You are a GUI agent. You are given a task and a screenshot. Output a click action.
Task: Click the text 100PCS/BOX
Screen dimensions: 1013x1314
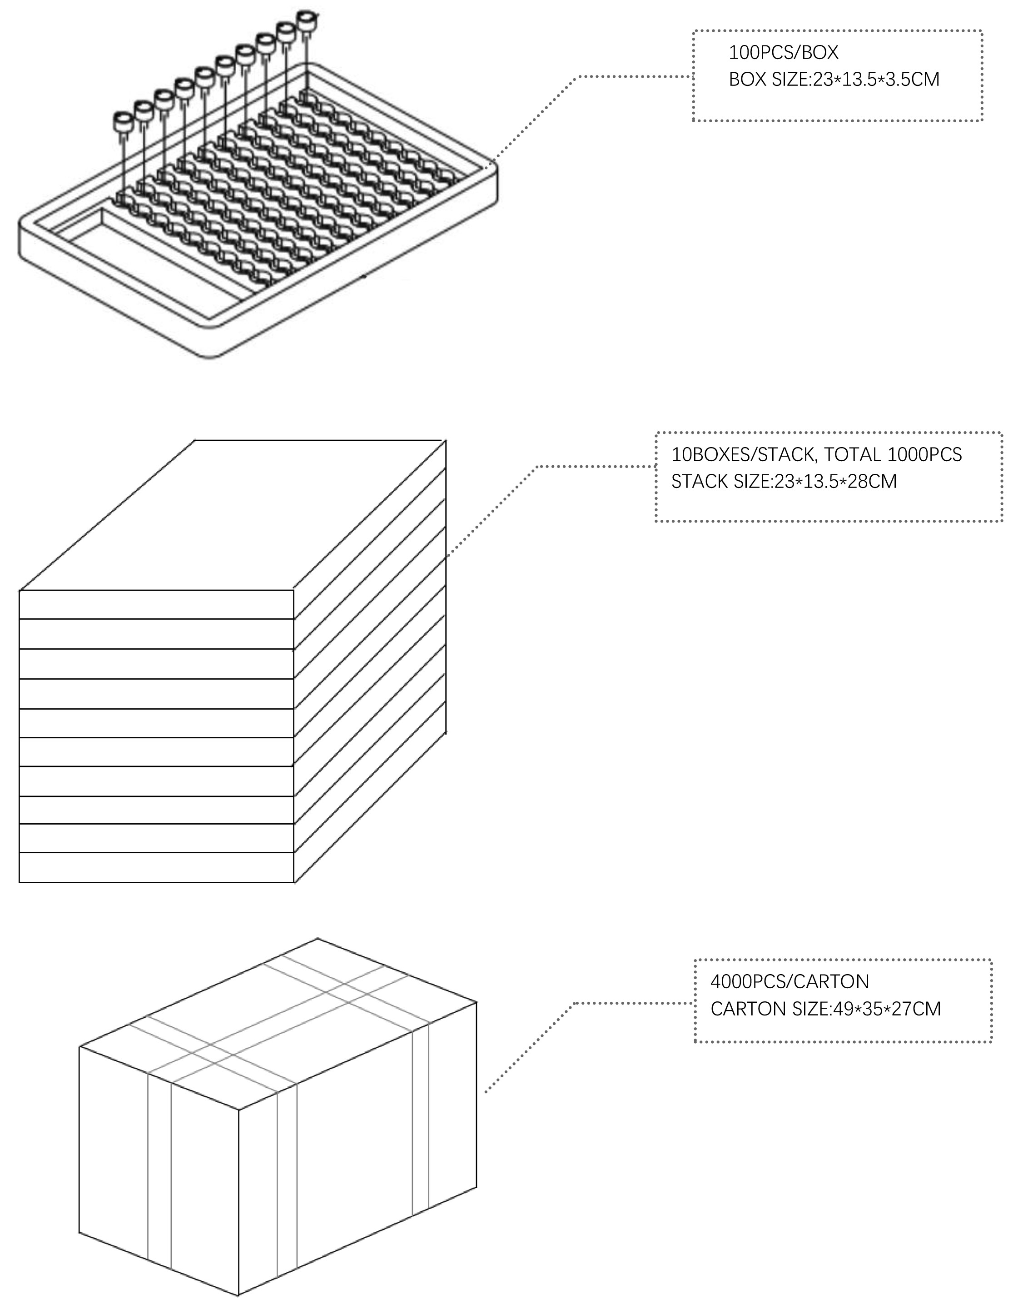click(783, 53)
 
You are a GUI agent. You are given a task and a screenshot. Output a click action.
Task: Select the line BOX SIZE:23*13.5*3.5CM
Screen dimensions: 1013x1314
click(834, 80)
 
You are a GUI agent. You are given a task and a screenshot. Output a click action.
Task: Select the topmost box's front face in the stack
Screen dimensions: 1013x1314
click(156, 605)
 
